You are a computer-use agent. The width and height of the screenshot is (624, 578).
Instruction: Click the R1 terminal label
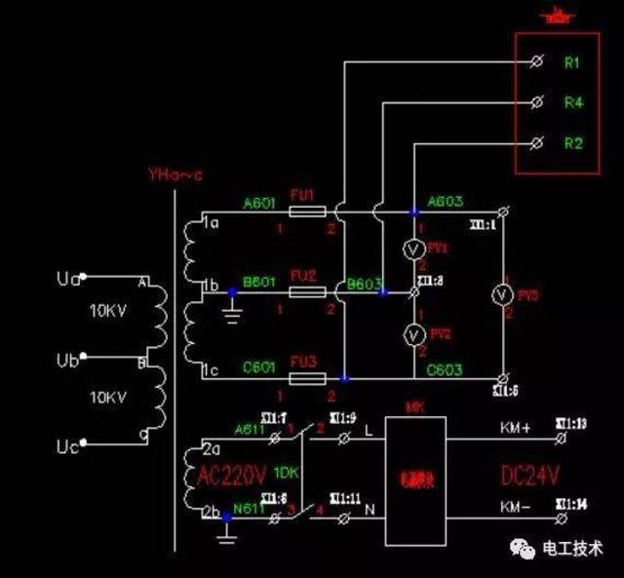point(572,62)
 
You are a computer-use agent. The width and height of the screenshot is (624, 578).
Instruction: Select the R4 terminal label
point(572,101)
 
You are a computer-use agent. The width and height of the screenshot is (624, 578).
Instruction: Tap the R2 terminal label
point(572,143)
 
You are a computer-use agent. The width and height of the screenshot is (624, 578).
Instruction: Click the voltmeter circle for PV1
point(412,248)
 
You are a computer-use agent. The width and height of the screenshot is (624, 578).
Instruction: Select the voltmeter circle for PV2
point(412,334)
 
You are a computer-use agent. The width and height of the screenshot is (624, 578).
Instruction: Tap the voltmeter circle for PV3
point(500,292)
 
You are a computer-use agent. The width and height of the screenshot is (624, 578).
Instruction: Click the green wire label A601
point(260,203)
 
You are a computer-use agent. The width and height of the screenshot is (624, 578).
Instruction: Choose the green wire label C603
point(445,370)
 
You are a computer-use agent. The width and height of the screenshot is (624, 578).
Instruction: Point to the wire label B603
point(365,285)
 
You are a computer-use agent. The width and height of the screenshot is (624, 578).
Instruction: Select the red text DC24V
point(530,477)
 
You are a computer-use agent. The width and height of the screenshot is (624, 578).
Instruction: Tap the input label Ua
point(68,281)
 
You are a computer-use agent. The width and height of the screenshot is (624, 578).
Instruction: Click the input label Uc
point(68,447)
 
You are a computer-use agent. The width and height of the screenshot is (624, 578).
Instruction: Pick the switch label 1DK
point(286,472)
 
